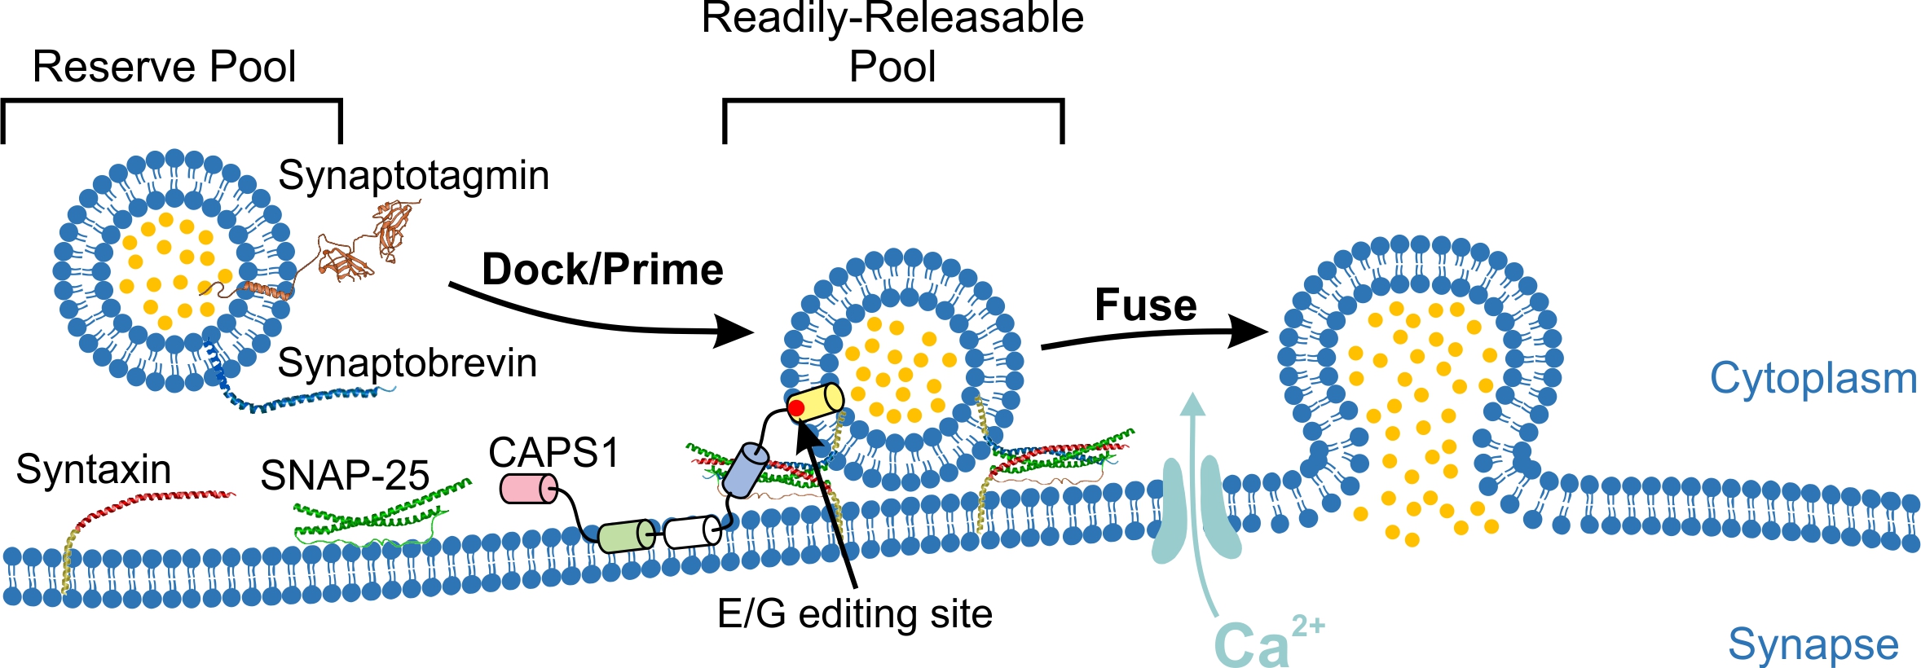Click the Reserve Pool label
[164, 67]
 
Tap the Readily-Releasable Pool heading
[892, 41]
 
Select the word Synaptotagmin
[413, 176]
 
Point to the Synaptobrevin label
[407, 363]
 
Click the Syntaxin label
[94, 470]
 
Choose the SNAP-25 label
[345, 476]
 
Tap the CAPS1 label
[554, 453]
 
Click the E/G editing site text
[855, 614]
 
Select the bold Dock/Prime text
[602, 270]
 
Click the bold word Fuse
[1145, 305]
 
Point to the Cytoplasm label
[1813, 379]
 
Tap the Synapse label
[1813, 645]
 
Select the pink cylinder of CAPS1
[528, 488]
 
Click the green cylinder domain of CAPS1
[626, 536]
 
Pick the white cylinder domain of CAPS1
[692, 532]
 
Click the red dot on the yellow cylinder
[796, 407]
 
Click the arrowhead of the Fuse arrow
[1251, 331]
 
